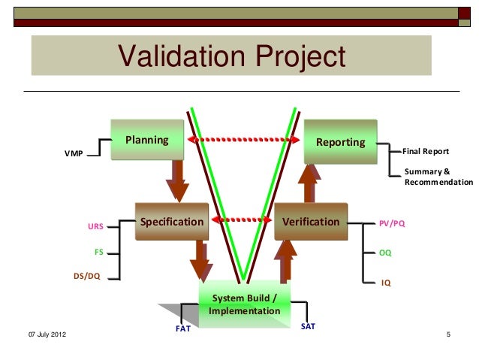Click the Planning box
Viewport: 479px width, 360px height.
147,140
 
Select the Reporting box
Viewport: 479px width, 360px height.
340,141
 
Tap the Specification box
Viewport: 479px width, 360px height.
172,222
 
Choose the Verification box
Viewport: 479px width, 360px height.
311,222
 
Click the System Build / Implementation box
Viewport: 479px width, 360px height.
244,304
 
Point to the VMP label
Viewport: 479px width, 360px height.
74,154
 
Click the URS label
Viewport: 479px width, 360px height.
95,225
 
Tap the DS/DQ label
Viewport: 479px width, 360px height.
87,276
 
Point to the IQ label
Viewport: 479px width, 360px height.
385,283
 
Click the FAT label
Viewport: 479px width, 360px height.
182,328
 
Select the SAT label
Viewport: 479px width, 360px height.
307,325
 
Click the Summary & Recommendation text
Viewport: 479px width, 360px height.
438,177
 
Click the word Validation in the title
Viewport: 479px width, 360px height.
181,57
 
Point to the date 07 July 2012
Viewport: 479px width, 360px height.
47,334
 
